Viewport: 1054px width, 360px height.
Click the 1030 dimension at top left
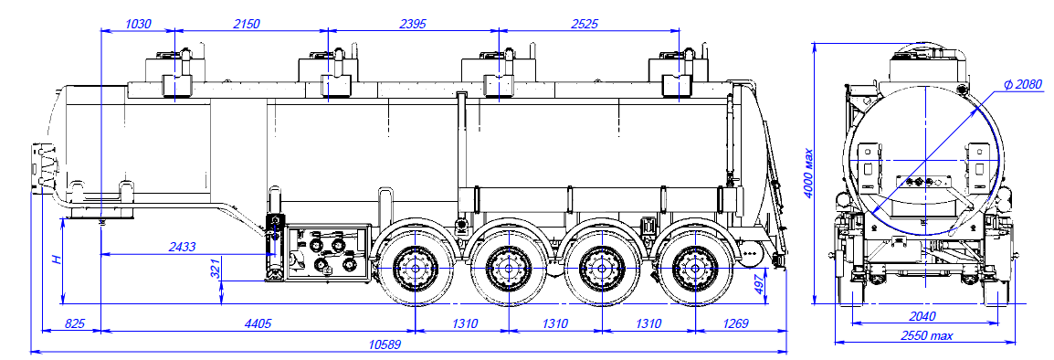139,25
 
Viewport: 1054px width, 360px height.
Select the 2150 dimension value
246,25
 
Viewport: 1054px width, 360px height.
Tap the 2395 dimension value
414,25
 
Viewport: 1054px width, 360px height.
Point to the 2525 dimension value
583,25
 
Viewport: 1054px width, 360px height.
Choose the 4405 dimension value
258,324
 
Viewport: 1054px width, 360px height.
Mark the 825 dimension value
75,324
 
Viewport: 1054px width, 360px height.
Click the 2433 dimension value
182,247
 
